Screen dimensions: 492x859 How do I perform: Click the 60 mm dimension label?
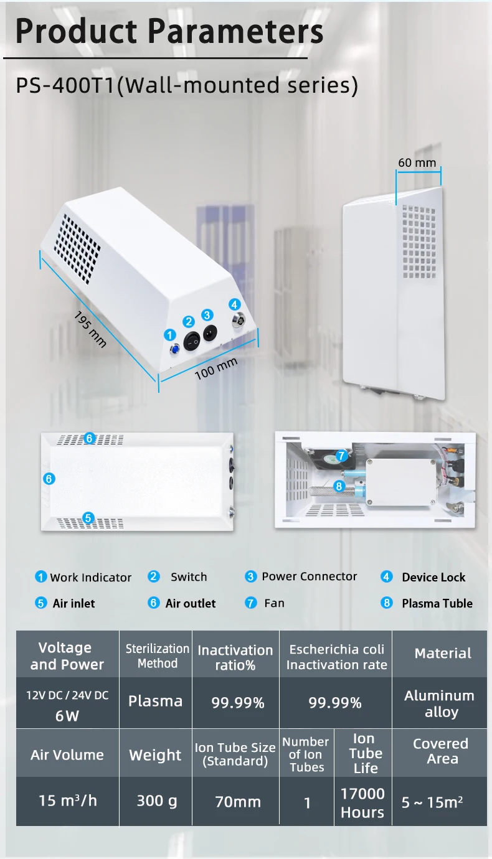coord(417,163)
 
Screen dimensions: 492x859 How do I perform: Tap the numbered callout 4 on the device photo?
coord(234,304)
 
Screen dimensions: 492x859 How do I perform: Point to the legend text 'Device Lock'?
coord(433,577)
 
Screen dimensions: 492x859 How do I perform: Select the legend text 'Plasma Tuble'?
coord(437,603)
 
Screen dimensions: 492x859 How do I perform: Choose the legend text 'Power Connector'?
coord(310,576)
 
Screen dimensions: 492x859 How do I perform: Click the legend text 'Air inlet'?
coord(74,603)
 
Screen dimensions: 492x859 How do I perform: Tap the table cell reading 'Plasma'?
coord(155,702)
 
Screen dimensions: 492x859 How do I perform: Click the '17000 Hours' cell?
coord(362,802)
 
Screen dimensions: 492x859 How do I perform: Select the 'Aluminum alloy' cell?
coord(439,703)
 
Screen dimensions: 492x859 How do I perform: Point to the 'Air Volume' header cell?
coord(67,754)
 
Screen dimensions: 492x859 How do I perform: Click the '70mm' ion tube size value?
coord(237,802)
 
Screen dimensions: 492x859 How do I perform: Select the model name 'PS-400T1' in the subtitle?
coord(66,85)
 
